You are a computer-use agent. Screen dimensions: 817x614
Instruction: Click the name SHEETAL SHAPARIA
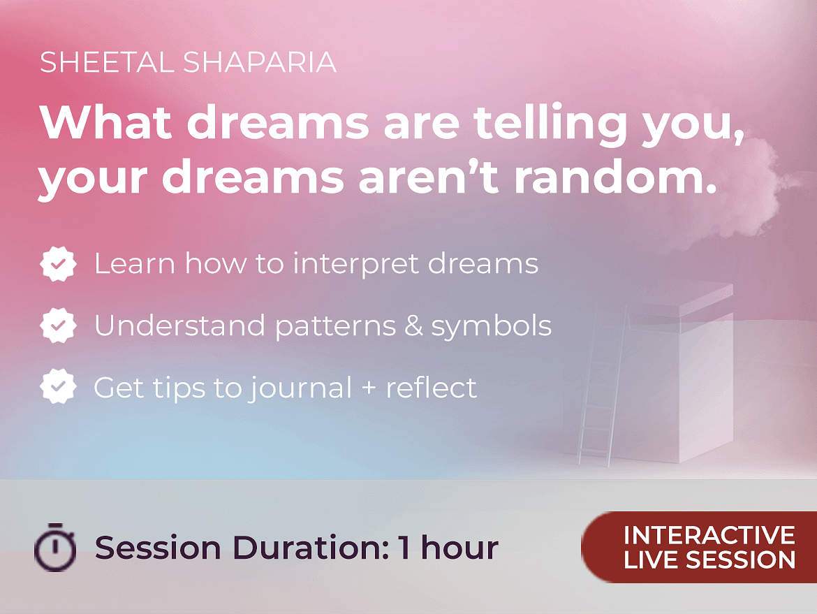tap(188, 63)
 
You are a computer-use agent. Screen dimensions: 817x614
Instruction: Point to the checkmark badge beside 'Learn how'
tap(59, 264)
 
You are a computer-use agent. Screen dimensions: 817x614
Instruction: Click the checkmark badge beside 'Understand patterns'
tap(59, 326)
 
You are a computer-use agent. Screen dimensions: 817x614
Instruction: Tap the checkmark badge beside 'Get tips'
tap(59, 387)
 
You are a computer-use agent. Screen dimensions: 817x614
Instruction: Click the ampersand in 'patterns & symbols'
tap(413, 326)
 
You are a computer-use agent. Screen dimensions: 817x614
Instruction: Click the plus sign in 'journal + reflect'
tap(369, 388)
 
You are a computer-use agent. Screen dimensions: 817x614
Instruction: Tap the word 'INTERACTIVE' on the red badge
tap(709, 535)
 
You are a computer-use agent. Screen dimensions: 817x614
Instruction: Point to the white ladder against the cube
tap(602, 386)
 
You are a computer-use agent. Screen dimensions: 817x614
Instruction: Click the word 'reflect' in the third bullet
tap(431, 387)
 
